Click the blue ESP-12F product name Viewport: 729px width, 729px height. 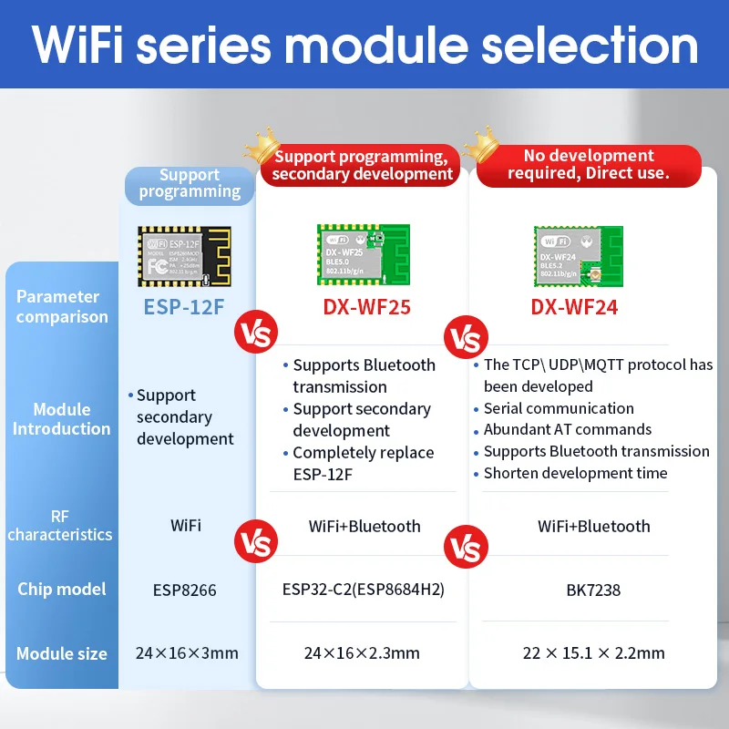[183, 306]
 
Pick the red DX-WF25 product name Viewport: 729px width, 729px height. [366, 307]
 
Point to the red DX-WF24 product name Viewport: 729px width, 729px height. [574, 307]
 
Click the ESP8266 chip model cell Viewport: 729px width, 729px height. [184, 590]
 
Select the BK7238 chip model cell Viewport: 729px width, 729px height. [593, 590]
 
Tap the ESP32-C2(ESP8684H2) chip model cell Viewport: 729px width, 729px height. [364, 589]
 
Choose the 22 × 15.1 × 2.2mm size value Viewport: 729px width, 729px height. [593, 652]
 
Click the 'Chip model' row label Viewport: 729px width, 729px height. [62, 589]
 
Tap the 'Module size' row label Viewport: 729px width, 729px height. [62, 653]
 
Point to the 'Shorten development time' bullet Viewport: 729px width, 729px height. [575, 473]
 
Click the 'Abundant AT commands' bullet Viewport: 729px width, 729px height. [567, 429]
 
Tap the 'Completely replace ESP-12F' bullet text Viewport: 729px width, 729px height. [363, 463]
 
